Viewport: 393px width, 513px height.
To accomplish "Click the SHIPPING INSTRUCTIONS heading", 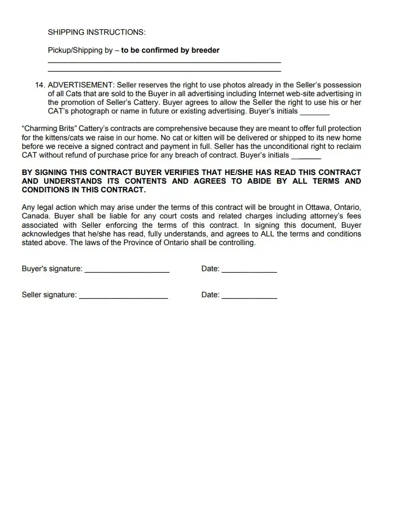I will (96, 32).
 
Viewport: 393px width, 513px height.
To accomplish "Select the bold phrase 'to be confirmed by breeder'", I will (170, 50).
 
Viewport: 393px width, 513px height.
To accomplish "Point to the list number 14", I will (40, 85).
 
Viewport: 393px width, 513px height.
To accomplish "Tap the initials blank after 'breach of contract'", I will (306, 155).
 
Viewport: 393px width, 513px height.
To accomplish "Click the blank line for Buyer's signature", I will (127, 270).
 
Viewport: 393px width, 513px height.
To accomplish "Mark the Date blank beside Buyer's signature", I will (249, 270).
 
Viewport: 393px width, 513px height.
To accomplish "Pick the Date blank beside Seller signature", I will (249, 296).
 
